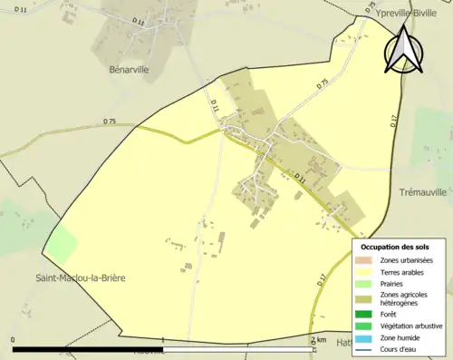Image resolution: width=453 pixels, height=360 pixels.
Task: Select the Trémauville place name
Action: click(425, 193)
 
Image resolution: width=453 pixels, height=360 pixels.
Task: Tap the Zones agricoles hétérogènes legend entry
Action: click(404, 298)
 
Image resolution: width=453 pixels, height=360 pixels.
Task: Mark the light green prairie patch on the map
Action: click(62, 245)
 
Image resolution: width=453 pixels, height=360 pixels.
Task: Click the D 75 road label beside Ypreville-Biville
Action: click(370, 8)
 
